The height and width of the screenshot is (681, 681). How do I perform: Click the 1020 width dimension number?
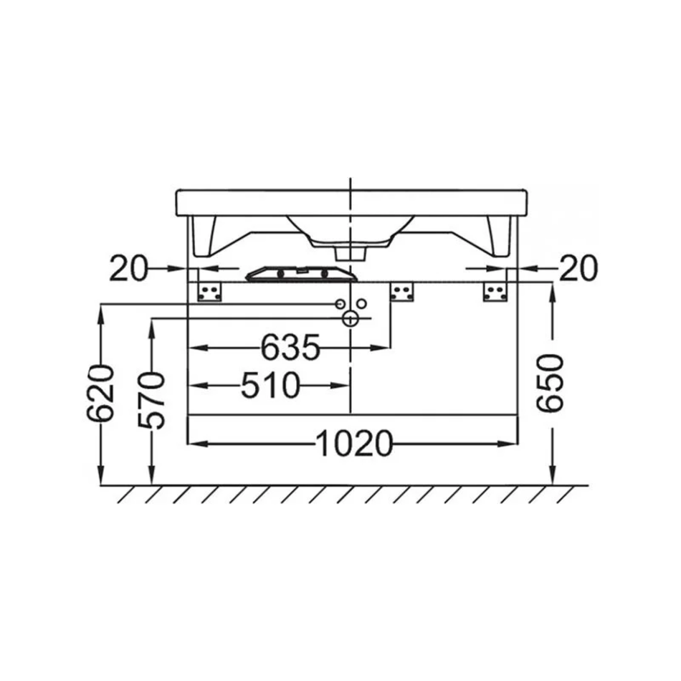click(x=354, y=444)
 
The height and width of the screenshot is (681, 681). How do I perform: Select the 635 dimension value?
click(x=290, y=348)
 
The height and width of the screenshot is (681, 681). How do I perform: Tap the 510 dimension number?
click(x=270, y=385)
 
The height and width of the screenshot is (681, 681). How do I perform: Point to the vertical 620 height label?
click(x=100, y=394)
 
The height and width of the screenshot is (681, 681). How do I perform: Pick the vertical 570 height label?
click(x=151, y=401)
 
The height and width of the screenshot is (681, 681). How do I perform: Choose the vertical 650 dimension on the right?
click(x=549, y=383)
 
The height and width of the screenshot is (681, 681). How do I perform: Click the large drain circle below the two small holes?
click(x=350, y=319)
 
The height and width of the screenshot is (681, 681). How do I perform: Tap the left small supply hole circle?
click(x=340, y=304)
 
